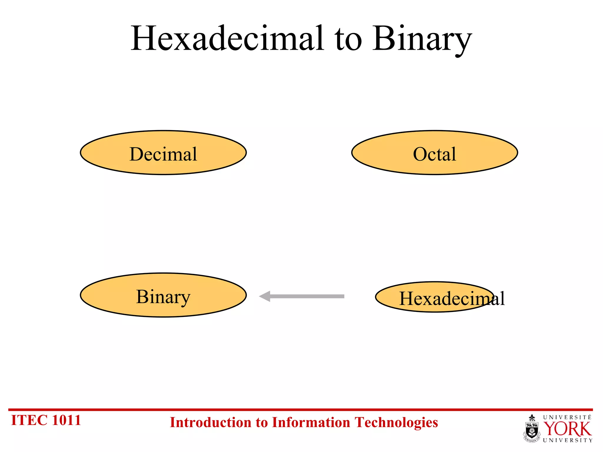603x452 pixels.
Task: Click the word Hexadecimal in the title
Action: tap(227, 39)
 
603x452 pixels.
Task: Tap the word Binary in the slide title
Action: tap(422, 39)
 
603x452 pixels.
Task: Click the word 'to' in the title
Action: tap(348, 40)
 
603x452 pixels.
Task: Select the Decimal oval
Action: tap(163, 153)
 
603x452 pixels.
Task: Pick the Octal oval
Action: tap(434, 153)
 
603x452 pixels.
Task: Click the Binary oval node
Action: tap(163, 295)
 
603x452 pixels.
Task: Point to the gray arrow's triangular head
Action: tap(265, 296)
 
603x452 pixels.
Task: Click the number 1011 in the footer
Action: tap(66, 420)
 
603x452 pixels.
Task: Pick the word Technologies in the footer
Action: tap(396, 423)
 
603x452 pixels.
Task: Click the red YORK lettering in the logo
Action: tap(567, 429)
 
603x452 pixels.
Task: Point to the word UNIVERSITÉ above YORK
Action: tap(567, 417)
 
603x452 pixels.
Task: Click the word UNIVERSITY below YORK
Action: tap(567, 440)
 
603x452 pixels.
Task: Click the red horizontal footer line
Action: tap(300, 409)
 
